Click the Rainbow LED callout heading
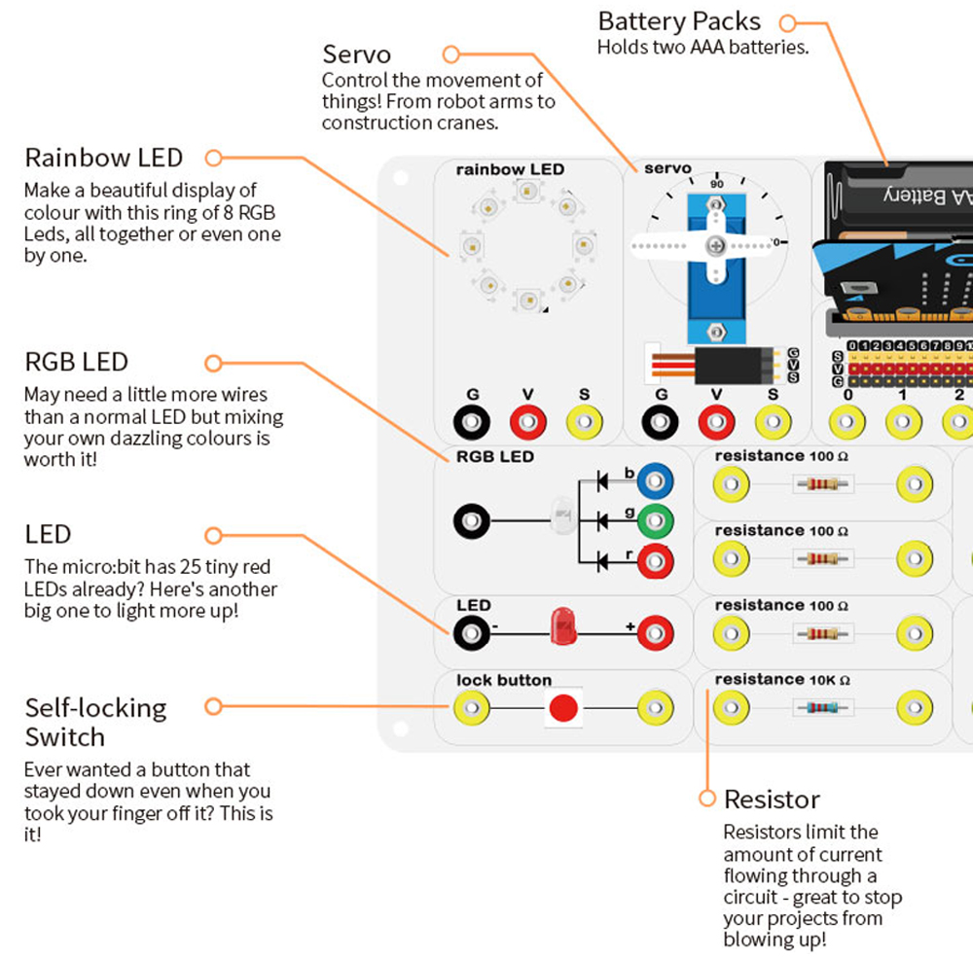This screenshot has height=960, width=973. (x=104, y=158)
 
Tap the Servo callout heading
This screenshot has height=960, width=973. (x=356, y=53)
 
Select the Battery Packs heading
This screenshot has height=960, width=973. (x=679, y=21)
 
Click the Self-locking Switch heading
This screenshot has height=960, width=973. (x=95, y=722)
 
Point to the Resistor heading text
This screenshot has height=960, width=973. (x=772, y=800)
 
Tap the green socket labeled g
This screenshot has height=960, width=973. (x=656, y=521)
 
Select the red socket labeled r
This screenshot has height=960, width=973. (x=656, y=560)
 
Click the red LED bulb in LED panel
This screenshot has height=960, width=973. (x=562, y=627)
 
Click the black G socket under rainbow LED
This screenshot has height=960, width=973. (x=472, y=423)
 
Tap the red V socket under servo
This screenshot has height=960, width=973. (x=717, y=423)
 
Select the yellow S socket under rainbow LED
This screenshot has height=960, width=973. (x=584, y=423)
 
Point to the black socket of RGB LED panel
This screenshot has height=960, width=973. (x=472, y=521)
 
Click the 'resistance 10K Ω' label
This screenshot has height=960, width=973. (x=782, y=680)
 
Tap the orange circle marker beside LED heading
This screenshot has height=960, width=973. (x=214, y=535)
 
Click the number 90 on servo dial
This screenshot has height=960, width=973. (x=717, y=184)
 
